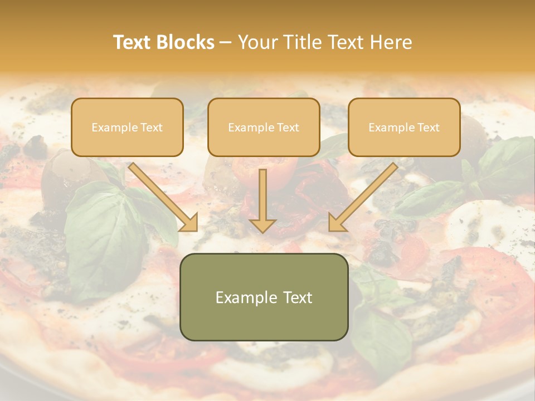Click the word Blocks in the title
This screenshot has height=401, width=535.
click(x=184, y=42)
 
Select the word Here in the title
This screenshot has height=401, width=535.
click(x=390, y=42)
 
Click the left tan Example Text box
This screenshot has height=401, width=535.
click(x=127, y=127)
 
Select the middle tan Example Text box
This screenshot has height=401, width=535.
click(x=264, y=127)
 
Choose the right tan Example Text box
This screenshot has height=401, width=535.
click(x=404, y=127)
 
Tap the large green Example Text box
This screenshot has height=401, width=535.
click(x=264, y=297)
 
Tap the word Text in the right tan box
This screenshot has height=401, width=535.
click(x=428, y=128)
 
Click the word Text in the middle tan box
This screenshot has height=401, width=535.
click(x=288, y=128)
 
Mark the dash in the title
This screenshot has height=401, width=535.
click(x=226, y=42)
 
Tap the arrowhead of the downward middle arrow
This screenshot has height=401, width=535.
click(x=262, y=225)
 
